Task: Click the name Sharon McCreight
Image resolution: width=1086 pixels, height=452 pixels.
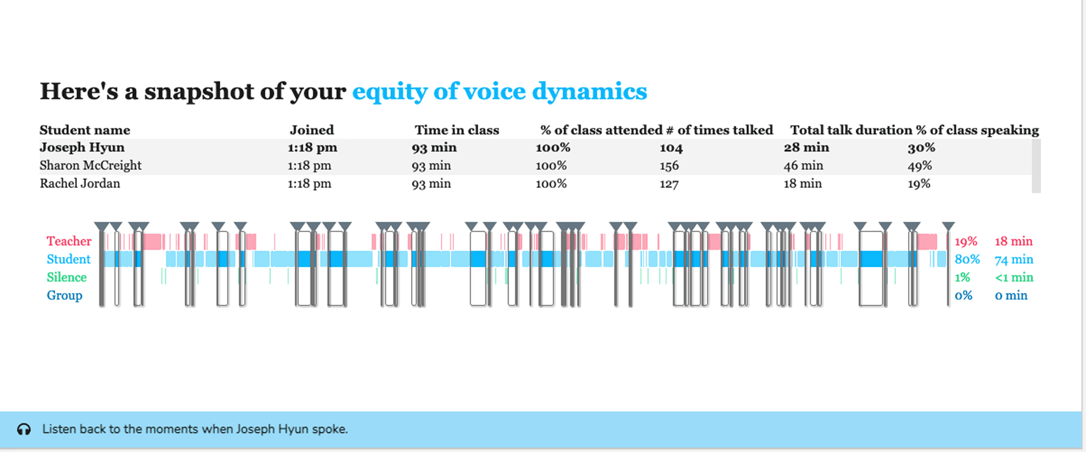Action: coord(90,166)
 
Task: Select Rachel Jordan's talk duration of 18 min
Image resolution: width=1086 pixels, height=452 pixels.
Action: coord(802,184)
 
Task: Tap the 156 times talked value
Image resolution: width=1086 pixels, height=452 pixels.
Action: coord(669,166)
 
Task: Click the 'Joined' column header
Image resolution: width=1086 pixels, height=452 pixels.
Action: coord(312,130)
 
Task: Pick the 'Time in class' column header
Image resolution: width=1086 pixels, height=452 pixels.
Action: coord(457,130)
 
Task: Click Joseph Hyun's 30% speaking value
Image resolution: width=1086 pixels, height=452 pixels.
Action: coord(921,148)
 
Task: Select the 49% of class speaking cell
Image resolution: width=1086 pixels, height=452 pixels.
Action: coord(920,166)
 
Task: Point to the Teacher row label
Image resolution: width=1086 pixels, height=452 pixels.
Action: coord(69,241)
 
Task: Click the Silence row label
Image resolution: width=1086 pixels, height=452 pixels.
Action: coord(66,277)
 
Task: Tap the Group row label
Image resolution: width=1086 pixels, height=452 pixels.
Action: coord(64,296)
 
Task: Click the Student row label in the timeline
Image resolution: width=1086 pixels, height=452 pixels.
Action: coord(69,259)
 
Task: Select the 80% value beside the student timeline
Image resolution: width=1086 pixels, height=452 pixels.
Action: coord(967,259)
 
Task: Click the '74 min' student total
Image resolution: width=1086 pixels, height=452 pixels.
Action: coord(1013,260)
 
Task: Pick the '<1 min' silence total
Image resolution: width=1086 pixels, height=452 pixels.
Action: coord(1014,277)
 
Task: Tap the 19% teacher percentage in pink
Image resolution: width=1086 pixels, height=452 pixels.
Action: coord(966,241)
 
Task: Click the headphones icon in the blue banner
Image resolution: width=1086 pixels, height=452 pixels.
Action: coord(24,429)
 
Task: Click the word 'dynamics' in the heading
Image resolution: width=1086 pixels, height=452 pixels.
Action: coord(589,91)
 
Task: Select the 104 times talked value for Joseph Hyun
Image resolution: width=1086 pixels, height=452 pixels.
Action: coord(671,148)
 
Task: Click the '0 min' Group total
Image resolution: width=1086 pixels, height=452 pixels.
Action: coord(1011,296)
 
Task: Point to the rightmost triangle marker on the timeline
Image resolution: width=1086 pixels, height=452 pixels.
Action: coord(948,226)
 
